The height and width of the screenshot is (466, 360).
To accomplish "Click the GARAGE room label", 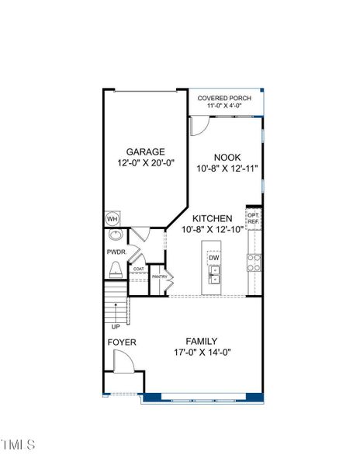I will point(146,152).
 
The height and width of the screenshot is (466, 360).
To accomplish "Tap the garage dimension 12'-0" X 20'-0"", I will point(146,164).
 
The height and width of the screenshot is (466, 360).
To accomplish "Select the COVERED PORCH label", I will point(225,98).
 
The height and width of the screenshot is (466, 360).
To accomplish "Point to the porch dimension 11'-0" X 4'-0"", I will point(225,107).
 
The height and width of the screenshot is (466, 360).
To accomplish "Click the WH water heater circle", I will point(112,219).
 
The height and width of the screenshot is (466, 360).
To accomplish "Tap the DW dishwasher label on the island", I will point(214,258).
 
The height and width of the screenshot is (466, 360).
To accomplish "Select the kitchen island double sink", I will point(214,274).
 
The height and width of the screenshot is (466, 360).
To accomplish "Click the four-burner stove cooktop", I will point(254,263).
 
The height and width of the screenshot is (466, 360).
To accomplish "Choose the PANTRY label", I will point(160,276).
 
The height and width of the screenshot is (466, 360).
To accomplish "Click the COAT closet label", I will point(139,270).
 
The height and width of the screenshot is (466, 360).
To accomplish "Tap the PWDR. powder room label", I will point(116,252).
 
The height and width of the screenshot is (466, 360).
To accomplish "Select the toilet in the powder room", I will point(116,270).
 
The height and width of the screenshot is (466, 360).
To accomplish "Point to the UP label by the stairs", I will point(116,326).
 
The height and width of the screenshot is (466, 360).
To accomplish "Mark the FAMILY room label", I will point(201,341).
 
